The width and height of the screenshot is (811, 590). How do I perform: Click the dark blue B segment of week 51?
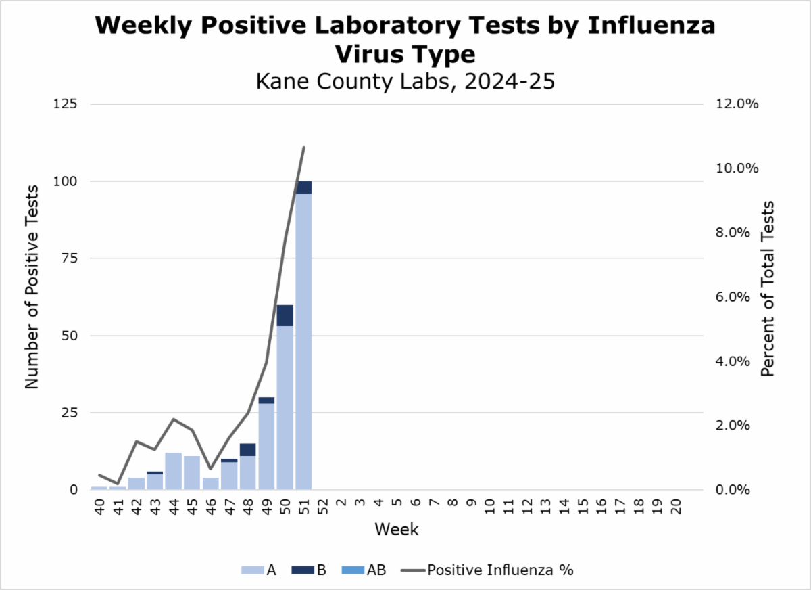pos(303,187)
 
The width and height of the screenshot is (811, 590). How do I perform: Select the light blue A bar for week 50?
pos(285,406)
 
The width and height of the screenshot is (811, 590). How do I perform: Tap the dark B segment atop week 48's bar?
pos(248,450)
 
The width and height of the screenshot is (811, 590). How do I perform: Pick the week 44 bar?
pos(174,471)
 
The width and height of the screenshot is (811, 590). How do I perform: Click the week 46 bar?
pos(211,483)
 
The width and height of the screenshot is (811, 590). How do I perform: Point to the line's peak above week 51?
pos(304,147)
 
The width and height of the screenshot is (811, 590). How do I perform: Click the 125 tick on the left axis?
pos(68,104)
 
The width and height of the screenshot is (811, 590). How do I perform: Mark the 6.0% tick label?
pos(731,297)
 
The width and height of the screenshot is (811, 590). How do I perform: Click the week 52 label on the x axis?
pos(322,507)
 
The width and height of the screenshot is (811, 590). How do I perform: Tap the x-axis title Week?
pos(397,529)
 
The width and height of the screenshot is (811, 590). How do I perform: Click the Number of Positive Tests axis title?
pos(31,296)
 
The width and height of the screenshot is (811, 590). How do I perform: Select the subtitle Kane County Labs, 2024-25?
pos(405,81)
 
